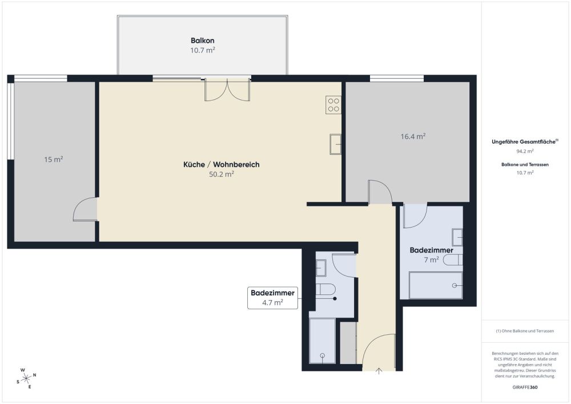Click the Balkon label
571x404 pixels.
(202, 41)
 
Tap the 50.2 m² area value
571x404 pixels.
(222, 174)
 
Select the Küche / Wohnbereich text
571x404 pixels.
(221, 165)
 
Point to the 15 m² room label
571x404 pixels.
(53, 159)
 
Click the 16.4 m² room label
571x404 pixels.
(413, 137)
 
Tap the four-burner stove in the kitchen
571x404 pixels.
(333, 105)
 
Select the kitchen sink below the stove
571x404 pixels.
(335, 144)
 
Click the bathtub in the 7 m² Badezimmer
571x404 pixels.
(436, 285)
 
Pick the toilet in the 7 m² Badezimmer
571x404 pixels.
(452, 261)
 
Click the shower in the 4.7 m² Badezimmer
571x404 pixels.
(322, 341)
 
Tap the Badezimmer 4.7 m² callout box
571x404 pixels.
(273, 298)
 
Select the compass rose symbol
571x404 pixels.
(26, 378)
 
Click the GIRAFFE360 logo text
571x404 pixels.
(525, 387)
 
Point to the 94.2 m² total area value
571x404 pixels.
(525, 151)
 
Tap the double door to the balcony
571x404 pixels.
(227, 90)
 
